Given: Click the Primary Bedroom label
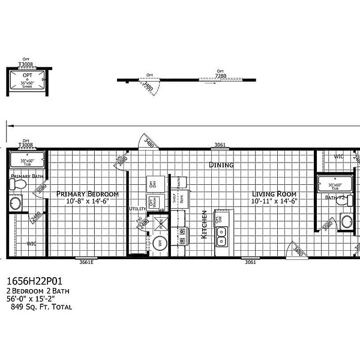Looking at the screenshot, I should point(87,194).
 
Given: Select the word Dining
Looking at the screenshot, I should point(221,164).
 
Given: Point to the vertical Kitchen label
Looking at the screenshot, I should point(205,224).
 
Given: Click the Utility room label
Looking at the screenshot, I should point(137,209).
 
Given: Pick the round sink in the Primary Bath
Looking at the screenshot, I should point(14,204).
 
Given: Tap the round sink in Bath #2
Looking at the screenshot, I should point(347,221).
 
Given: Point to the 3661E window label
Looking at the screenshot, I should point(88,262).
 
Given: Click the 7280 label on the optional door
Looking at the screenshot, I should point(221,76).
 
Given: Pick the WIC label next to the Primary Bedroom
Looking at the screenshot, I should point(31,244).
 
